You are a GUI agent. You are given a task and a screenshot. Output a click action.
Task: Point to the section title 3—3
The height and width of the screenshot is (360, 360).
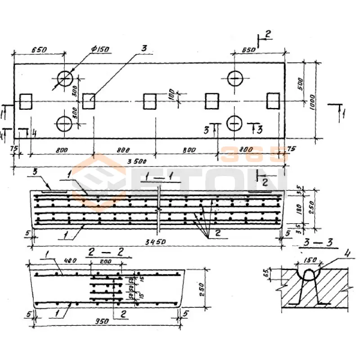pos(318,244)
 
